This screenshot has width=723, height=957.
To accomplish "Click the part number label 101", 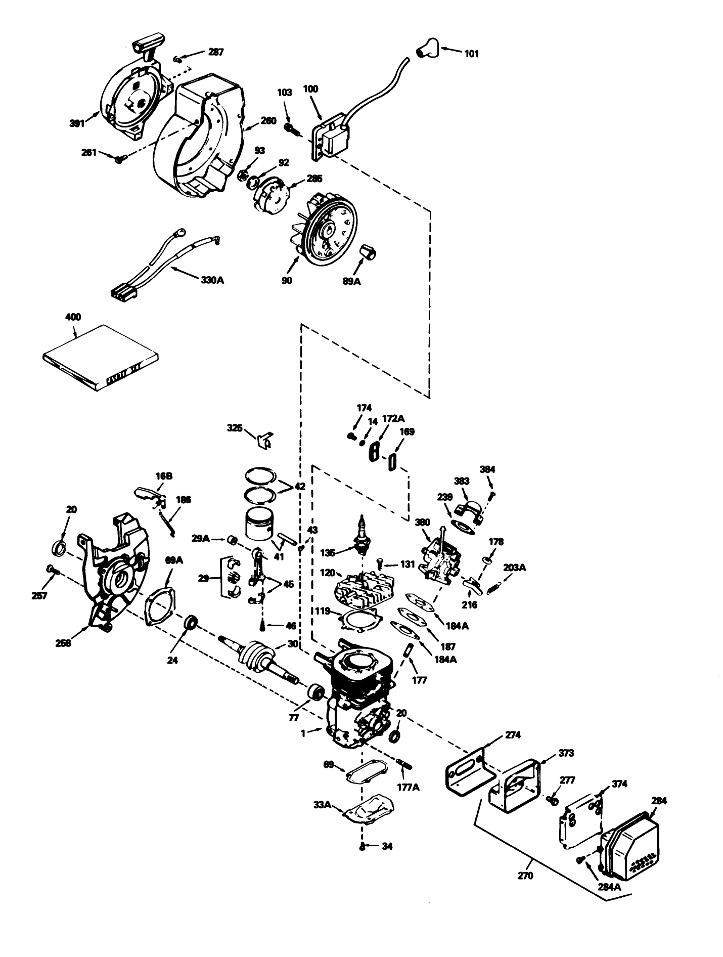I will point(471,54).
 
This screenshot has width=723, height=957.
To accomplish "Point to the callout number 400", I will point(73,317).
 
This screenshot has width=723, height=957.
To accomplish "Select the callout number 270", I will point(525,876).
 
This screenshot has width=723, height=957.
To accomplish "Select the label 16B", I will point(164,476).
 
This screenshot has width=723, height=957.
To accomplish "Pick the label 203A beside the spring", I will point(515,568).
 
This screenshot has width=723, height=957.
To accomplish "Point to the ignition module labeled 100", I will point(329,136).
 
